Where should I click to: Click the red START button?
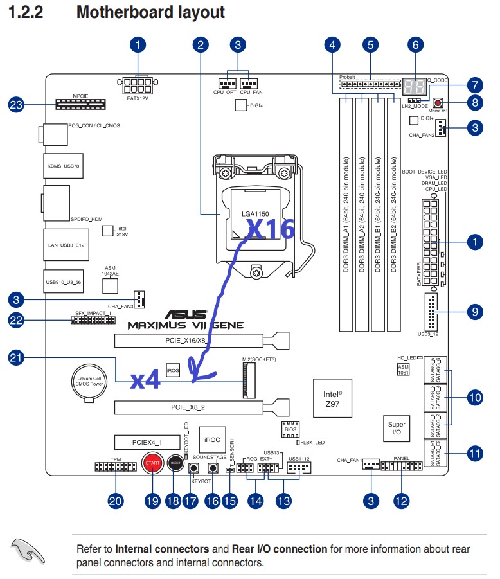tap(152, 463)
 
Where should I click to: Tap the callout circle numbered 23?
tap(17, 105)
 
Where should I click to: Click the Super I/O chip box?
tap(397, 429)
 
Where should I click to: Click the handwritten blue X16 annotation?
tap(270, 229)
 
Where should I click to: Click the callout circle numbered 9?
tap(474, 312)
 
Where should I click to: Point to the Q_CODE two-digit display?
tap(416, 87)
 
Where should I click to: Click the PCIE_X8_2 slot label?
tap(188, 407)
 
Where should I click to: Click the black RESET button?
tap(175, 462)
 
